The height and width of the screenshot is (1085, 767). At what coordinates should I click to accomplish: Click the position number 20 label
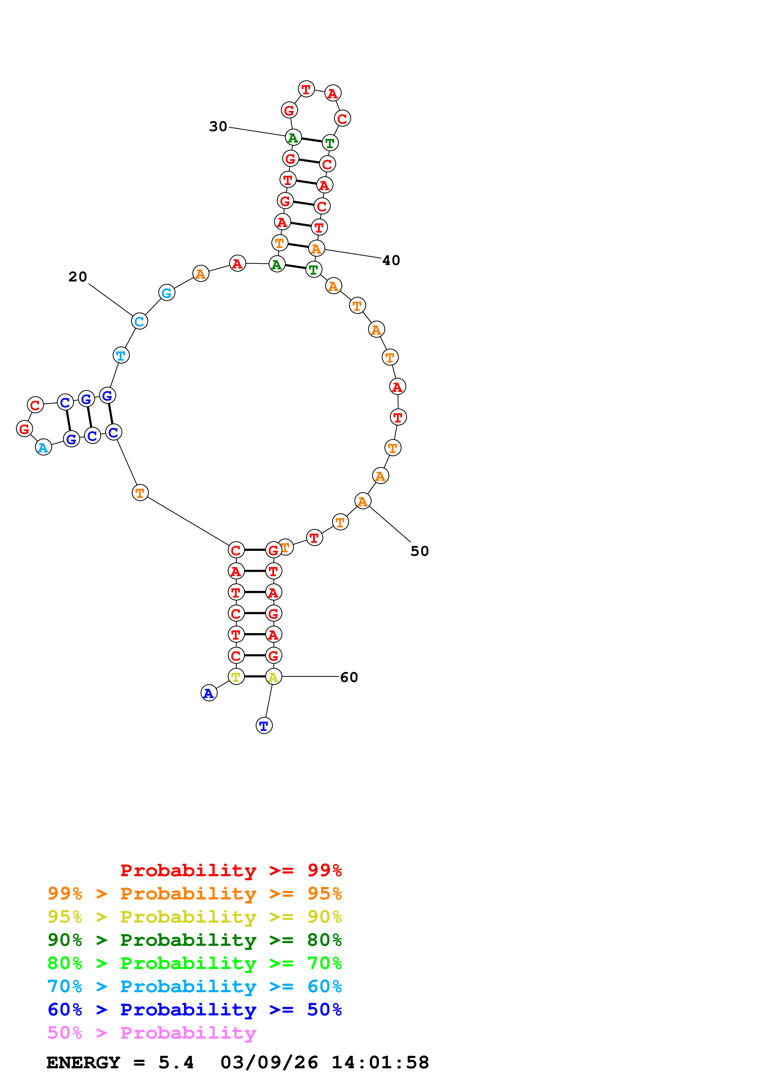coord(77,277)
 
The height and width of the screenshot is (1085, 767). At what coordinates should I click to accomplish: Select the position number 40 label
coord(391,260)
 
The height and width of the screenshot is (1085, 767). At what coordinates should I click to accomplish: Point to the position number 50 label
coord(419,551)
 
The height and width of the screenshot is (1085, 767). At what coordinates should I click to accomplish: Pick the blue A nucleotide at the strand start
coord(209,693)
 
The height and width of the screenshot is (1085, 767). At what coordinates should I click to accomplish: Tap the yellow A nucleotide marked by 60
coord(274,677)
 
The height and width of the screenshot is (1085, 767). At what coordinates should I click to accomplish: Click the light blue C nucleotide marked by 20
coord(140,321)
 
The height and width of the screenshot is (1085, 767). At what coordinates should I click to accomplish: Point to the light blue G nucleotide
coord(167,293)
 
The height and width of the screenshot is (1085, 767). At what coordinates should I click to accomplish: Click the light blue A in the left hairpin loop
coord(44,448)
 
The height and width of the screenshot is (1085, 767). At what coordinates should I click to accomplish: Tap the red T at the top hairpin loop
coord(307,89)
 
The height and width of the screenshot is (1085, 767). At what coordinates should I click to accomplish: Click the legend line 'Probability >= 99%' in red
coord(231,870)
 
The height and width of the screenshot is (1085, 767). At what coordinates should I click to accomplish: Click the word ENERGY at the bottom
coord(83,1063)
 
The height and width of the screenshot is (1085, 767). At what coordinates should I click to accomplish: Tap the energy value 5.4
coord(176,1063)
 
